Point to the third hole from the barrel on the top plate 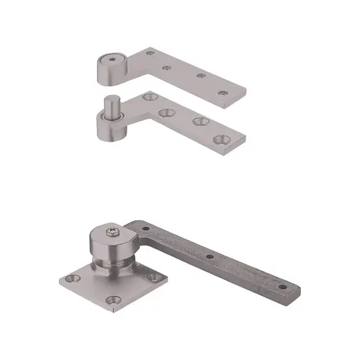(x=200, y=76)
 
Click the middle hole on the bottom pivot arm (x=209, y=256)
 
